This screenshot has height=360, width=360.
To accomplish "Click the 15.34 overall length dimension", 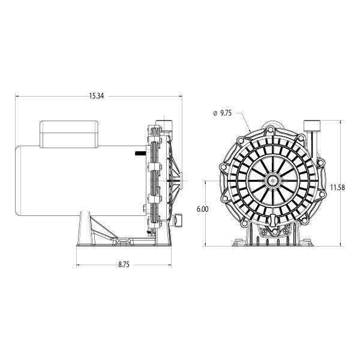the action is (97, 96).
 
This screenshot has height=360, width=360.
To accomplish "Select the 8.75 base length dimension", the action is (124, 265).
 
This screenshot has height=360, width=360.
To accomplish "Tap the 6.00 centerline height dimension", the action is (203, 209).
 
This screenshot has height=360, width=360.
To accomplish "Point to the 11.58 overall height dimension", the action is (337, 188).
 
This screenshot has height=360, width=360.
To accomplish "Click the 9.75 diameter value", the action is (226, 113).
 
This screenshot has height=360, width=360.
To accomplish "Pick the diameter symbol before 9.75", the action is (215, 113).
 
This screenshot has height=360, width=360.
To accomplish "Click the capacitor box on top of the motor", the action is (69, 134).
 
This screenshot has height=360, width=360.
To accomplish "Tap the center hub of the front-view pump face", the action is (273, 181).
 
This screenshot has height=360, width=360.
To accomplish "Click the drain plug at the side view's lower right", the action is (178, 220).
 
